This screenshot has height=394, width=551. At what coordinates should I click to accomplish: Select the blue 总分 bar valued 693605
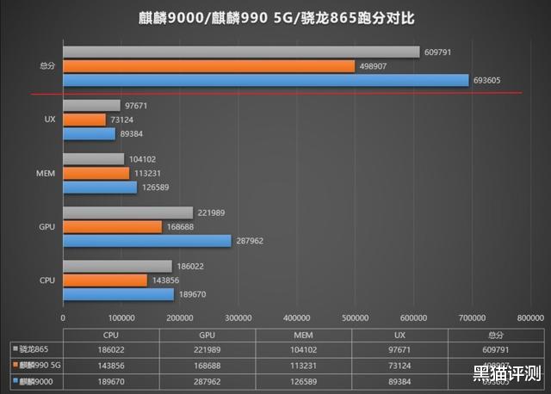(x=266, y=80)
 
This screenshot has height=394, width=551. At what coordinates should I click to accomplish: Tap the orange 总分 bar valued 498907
(x=208, y=66)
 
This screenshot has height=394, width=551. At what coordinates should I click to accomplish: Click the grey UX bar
(x=91, y=105)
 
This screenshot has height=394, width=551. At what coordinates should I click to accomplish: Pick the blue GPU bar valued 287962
(x=147, y=241)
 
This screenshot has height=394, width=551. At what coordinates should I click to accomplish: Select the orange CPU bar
(x=105, y=280)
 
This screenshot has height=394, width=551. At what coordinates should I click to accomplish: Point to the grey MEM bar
(x=94, y=159)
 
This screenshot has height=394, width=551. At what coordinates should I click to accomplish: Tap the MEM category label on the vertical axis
(x=48, y=173)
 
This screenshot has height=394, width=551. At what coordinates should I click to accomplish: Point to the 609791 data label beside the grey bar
(x=437, y=52)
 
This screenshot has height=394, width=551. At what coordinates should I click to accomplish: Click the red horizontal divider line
(x=275, y=94)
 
